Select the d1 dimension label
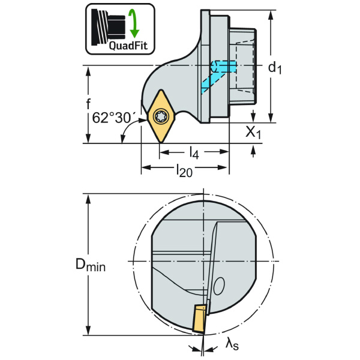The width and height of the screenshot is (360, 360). [x=275, y=67]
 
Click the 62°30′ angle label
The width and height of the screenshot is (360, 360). [x=112, y=118]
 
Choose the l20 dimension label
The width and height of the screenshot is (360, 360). [x=183, y=171]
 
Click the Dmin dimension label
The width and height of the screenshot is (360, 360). [x=90, y=265]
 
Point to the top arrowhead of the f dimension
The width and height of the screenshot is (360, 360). [x=89, y=70]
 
